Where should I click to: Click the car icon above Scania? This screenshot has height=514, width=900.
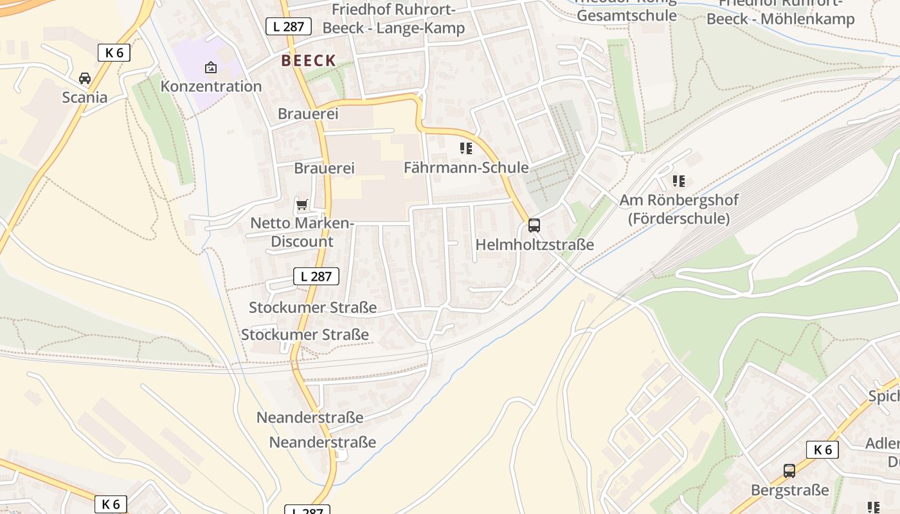pyautogui.click(x=84, y=78)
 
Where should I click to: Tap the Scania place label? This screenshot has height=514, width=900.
pyautogui.click(x=84, y=98)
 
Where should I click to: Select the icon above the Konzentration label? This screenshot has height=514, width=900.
pyautogui.click(x=210, y=67)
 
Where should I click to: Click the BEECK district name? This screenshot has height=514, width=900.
pyautogui.click(x=308, y=61)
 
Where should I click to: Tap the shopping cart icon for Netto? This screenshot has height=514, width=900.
pyautogui.click(x=301, y=205)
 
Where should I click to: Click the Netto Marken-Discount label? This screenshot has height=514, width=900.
pyautogui.click(x=302, y=233)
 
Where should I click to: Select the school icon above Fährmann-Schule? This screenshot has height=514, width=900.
pyautogui.click(x=466, y=149)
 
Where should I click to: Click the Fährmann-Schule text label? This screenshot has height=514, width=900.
pyautogui.click(x=466, y=168)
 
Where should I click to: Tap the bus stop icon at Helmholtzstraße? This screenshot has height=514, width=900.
pyautogui.click(x=534, y=226)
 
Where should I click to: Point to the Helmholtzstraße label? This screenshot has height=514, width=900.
pyautogui.click(x=534, y=245)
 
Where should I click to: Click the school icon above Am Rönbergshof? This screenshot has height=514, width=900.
pyautogui.click(x=678, y=181)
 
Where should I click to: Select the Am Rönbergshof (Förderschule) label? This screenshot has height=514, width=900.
pyautogui.click(x=679, y=209)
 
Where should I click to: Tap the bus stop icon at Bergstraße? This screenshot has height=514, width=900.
pyautogui.click(x=789, y=471)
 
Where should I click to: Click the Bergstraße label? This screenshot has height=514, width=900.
pyautogui.click(x=789, y=490)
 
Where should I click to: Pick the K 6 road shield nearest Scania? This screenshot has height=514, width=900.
pyautogui.click(x=114, y=53)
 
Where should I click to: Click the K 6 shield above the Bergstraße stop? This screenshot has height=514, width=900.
pyautogui.click(x=823, y=450)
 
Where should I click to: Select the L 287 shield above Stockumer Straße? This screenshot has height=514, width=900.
pyautogui.click(x=316, y=276)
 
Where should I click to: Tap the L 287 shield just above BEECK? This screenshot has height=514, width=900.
pyautogui.click(x=289, y=26)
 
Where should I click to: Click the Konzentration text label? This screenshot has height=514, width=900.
pyautogui.click(x=211, y=86)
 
